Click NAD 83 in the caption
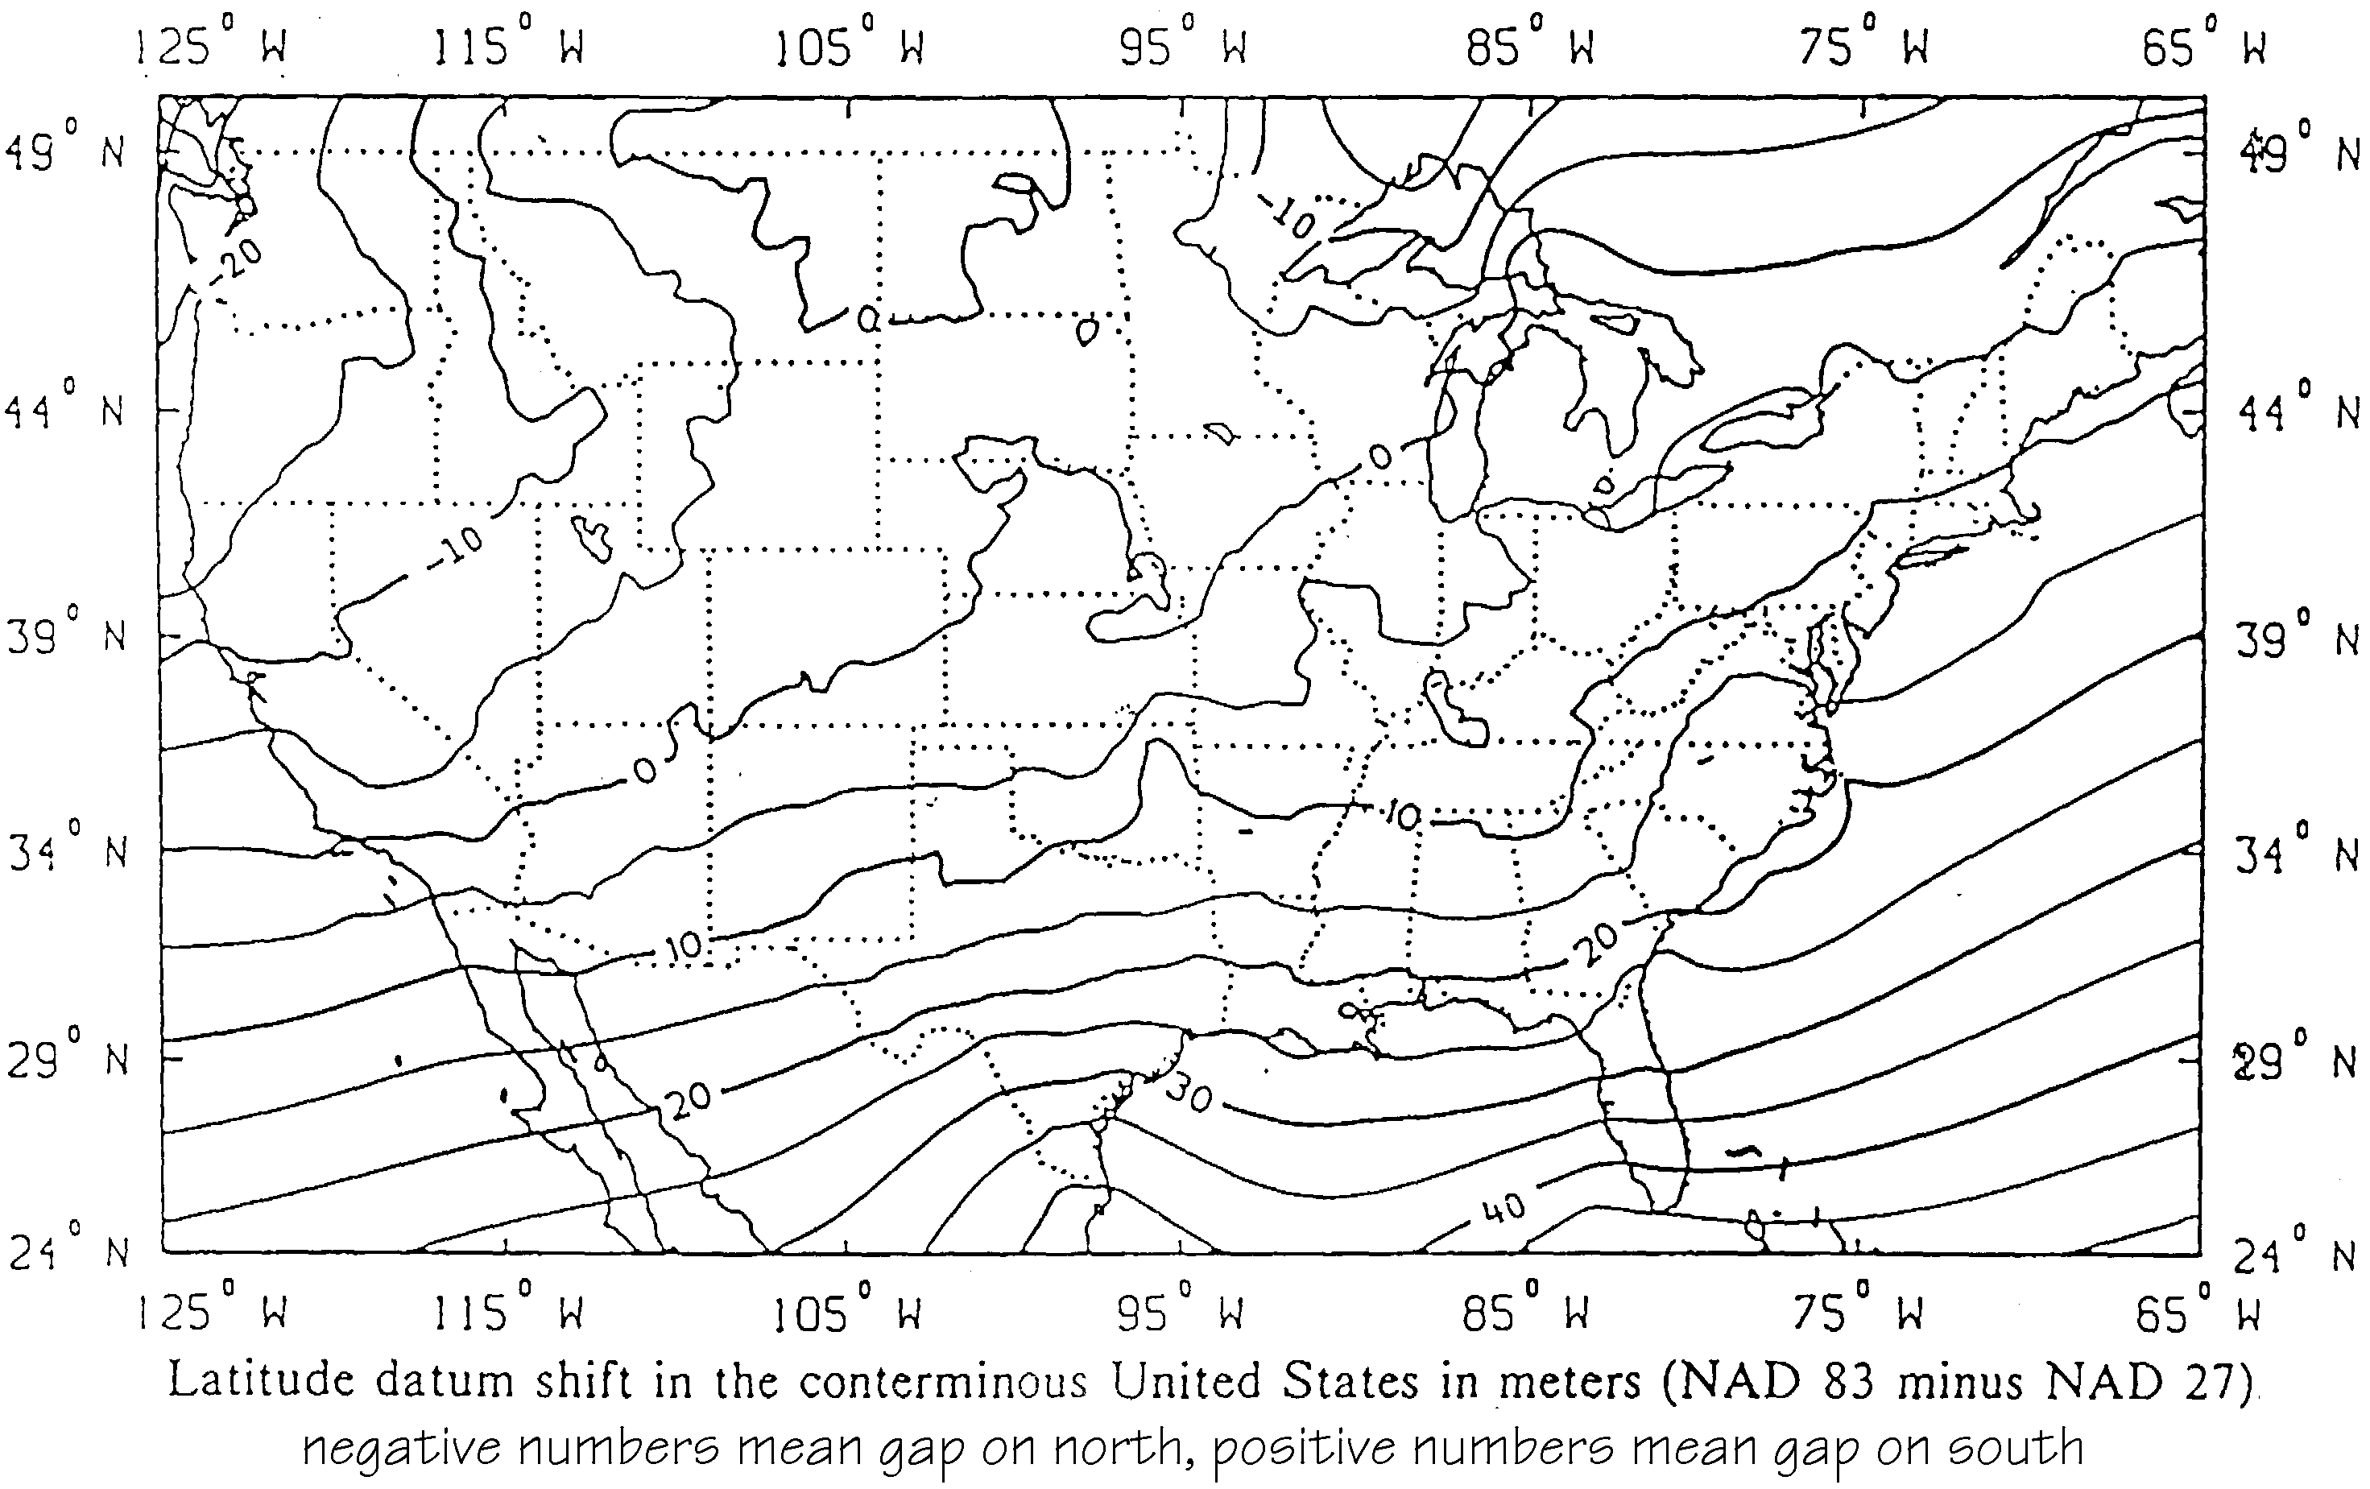1771,1381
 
